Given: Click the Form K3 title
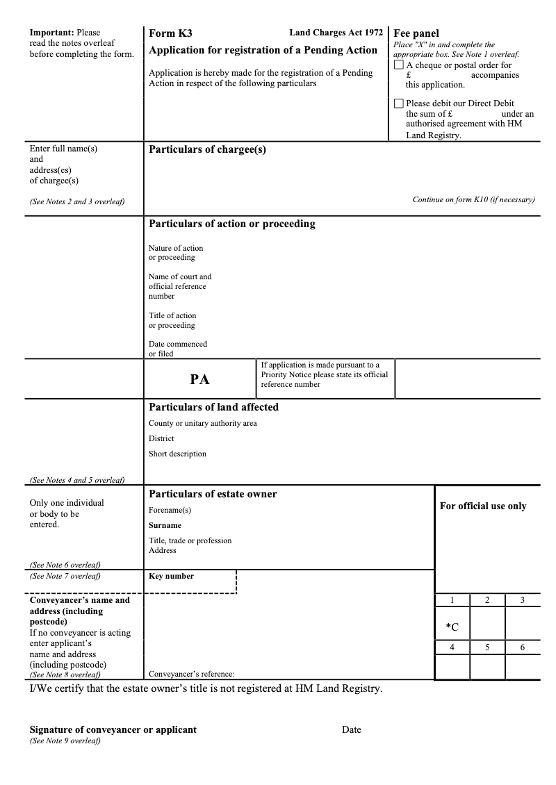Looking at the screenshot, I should pos(170,33).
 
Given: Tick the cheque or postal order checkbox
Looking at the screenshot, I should pos(398,65).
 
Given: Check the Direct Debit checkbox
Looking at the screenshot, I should pos(398,104).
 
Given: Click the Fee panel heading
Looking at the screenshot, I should pos(416,33).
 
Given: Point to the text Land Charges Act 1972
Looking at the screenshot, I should pos(336,33).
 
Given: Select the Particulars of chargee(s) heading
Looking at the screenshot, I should pos(207,149).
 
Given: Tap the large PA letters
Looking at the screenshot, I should pos(199,379).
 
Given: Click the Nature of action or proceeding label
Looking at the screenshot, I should pos(176,253).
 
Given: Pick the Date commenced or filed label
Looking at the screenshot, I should pos(177,349).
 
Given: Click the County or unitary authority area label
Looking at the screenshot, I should pos(202,424).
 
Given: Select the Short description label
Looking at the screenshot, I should pos(177,454).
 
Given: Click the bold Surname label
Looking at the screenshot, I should pos(165,526).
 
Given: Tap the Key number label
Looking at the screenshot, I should pos(171,576).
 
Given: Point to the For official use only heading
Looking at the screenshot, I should pos(483,506).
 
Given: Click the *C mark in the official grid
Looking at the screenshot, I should pos(452,627).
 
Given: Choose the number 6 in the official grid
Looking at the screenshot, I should pos(522,647).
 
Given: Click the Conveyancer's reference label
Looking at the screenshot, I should pos(191,674).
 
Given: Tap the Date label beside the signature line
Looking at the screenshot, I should pos(351,729).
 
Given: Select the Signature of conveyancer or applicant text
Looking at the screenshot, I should pos(113,729).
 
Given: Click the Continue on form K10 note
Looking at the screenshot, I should pos(473,200).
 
